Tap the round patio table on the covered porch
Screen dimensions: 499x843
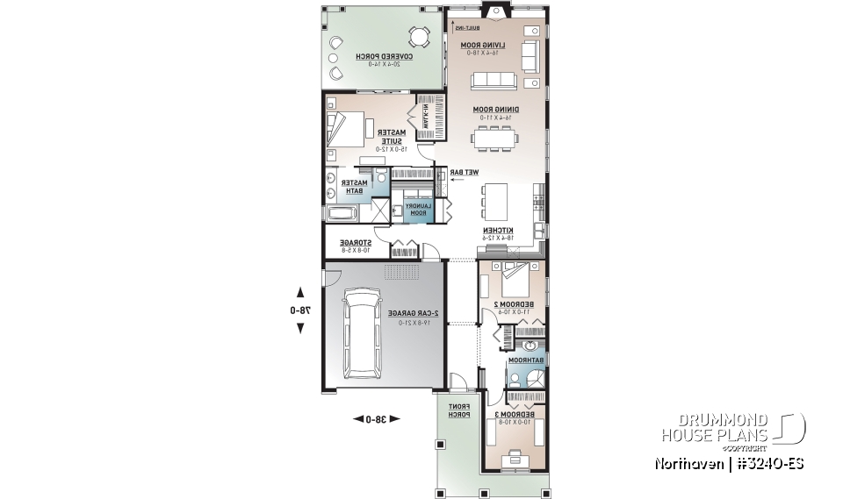point(419,37)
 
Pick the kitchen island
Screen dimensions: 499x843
point(496,200)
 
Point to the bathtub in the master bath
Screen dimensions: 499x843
point(343,212)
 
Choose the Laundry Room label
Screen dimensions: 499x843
point(416,209)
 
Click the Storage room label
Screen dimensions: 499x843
point(356,245)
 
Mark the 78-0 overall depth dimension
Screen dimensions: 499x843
point(300,310)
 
